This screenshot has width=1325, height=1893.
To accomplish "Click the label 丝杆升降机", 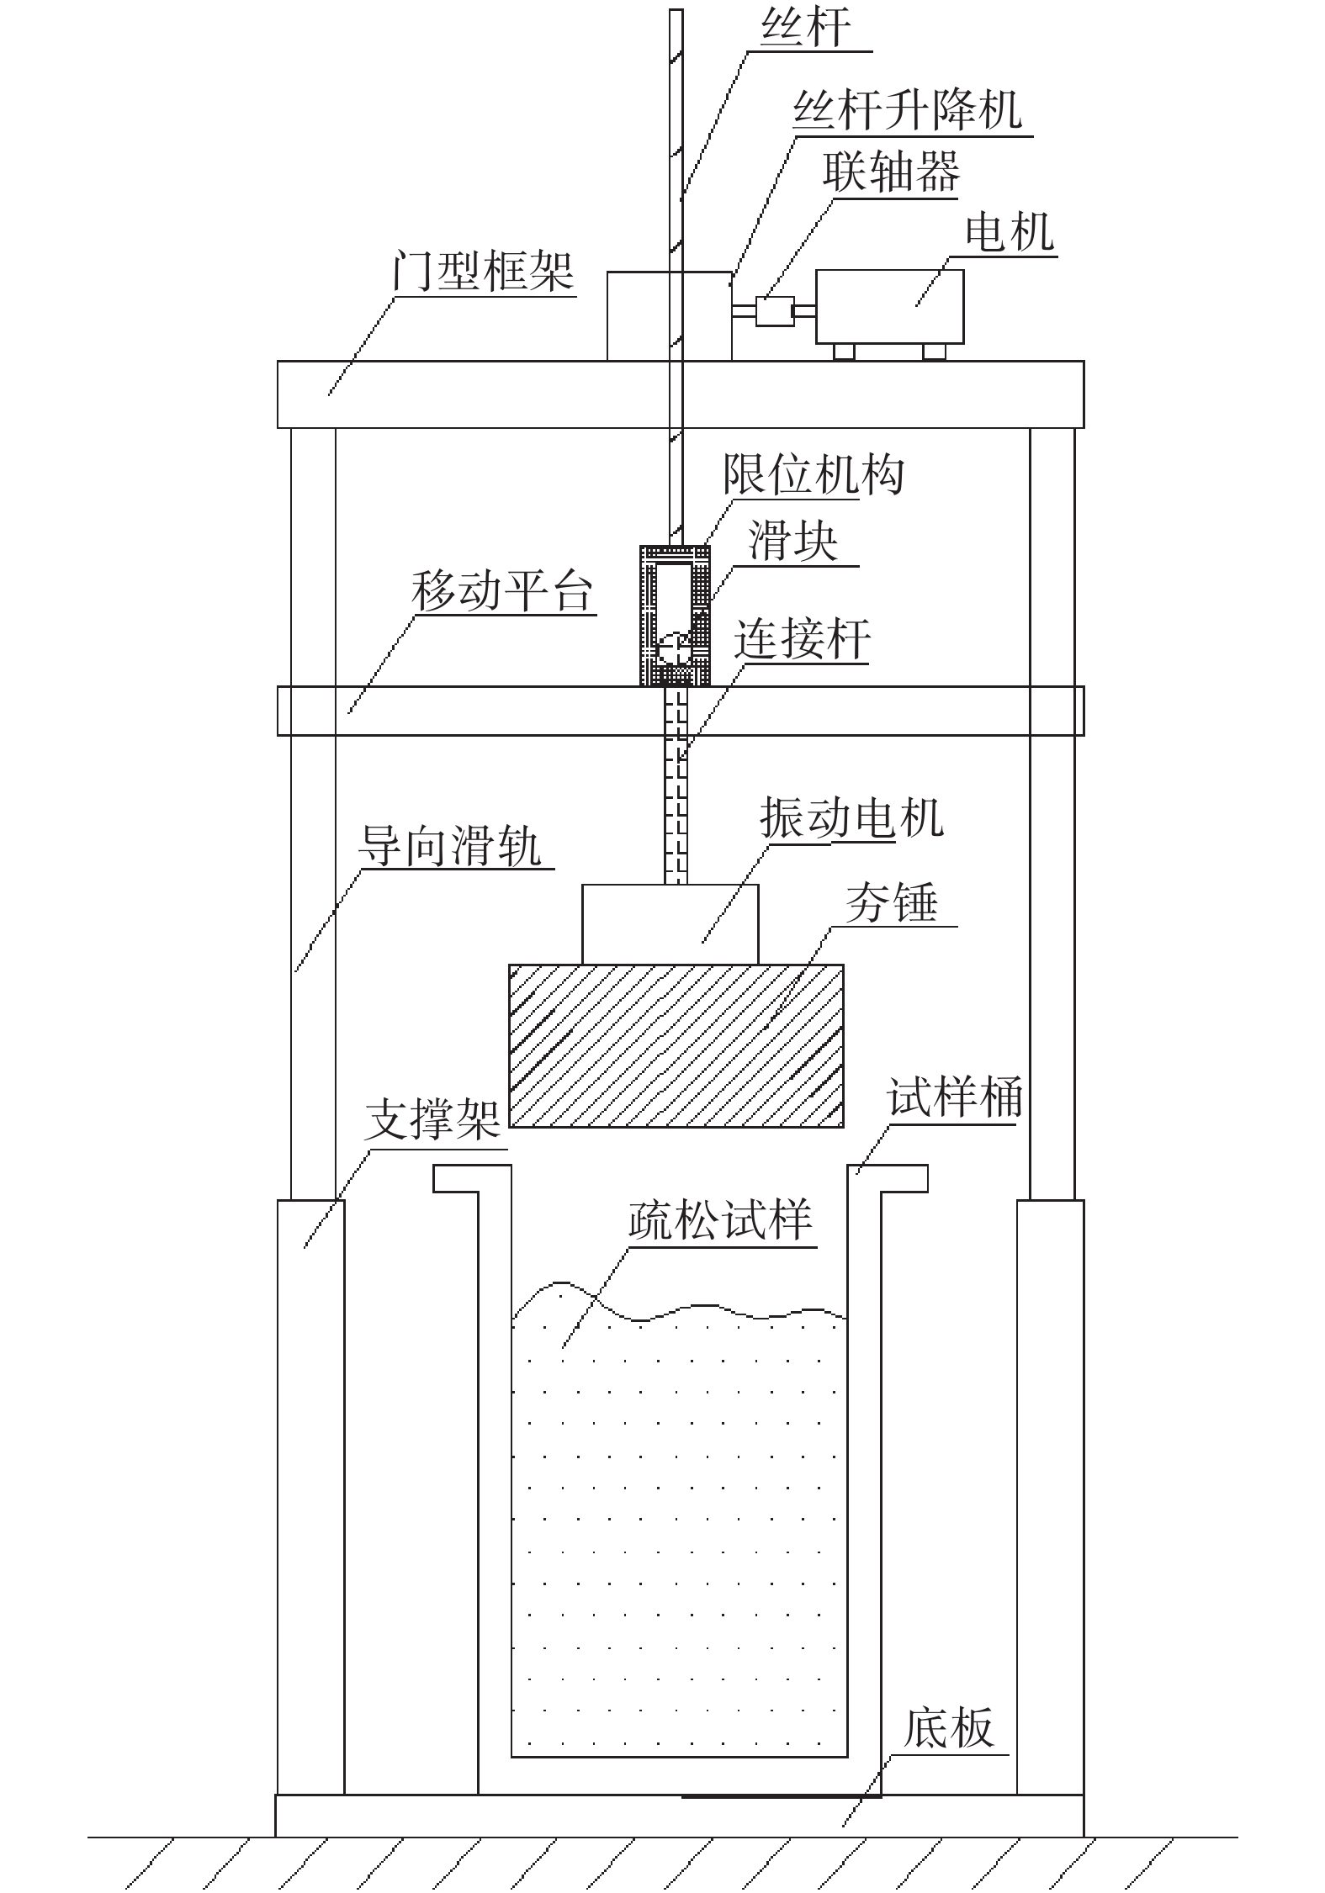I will pyautogui.click(x=908, y=110).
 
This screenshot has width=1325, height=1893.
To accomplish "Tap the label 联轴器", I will pyautogui.click(x=891, y=172).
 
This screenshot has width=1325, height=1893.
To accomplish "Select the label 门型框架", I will pyautogui.click(x=484, y=271).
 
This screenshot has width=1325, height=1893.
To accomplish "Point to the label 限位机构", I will pyautogui.click(x=814, y=475).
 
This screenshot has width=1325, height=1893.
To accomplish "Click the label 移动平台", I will pyautogui.click(x=502, y=591).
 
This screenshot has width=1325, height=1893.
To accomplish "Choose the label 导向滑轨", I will pyautogui.click(x=450, y=844).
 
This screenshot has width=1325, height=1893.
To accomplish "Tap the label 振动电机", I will pyautogui.click(x=851, y=817).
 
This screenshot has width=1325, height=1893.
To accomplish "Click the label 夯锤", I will pyautogui.click(x=891, y=903).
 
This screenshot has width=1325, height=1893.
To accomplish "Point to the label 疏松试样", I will pyautogui.click(x=720, y=1221).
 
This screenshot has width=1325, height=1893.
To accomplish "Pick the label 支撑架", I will pyautogui.click(x=432, y=1121).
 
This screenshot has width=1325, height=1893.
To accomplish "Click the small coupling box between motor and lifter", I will pyautogui.click(x=774, y=312).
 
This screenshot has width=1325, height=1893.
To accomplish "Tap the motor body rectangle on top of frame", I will pyautogui.click(x=888, y=306).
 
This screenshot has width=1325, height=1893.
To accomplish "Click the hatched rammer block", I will pyautogui.click(x=676, y=1045).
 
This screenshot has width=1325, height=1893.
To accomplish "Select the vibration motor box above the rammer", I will pyautogui.click(x=670, y=923).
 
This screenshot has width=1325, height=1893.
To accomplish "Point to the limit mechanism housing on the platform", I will pyautogui.click(x=675, y=615).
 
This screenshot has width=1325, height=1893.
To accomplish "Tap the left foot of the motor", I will pyautogui.click(x=843, y=352).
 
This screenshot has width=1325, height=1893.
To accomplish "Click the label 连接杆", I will pyautogui.click(x=802, y=639).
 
